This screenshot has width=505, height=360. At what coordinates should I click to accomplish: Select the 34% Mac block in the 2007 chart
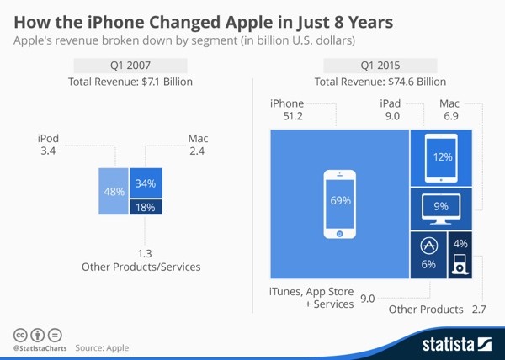(144, 183)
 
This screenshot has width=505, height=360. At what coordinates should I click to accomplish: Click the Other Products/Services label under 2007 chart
(141, 267)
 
